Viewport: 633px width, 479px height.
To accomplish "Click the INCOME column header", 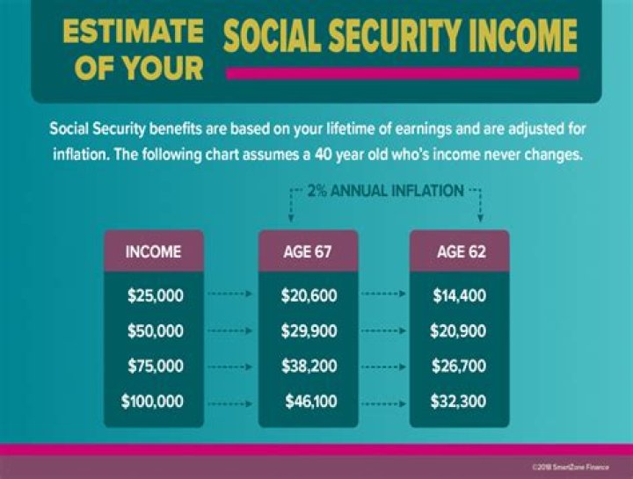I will coord(153,251).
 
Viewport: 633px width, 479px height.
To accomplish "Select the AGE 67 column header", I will coord(309,251).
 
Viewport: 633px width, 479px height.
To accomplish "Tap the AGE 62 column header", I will coord(461,251).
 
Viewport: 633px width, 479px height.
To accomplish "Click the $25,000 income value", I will coord(156,296).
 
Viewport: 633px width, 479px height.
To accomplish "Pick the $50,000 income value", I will coord(156,331).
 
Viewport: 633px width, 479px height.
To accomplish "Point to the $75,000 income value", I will coord(156,367).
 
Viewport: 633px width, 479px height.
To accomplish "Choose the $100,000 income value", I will coord(152,402).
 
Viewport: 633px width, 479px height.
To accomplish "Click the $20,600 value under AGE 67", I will coord(309,296).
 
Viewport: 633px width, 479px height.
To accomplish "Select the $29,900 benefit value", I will coord(309,331).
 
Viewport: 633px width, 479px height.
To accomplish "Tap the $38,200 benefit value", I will coord(309,367).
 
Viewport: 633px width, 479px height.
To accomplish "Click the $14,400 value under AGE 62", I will coord(459,296).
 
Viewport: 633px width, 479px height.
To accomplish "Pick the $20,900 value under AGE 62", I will coord(458,331).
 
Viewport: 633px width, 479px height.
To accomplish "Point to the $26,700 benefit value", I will coord(458,367).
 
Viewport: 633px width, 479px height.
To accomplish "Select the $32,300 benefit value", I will coord(458,402).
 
